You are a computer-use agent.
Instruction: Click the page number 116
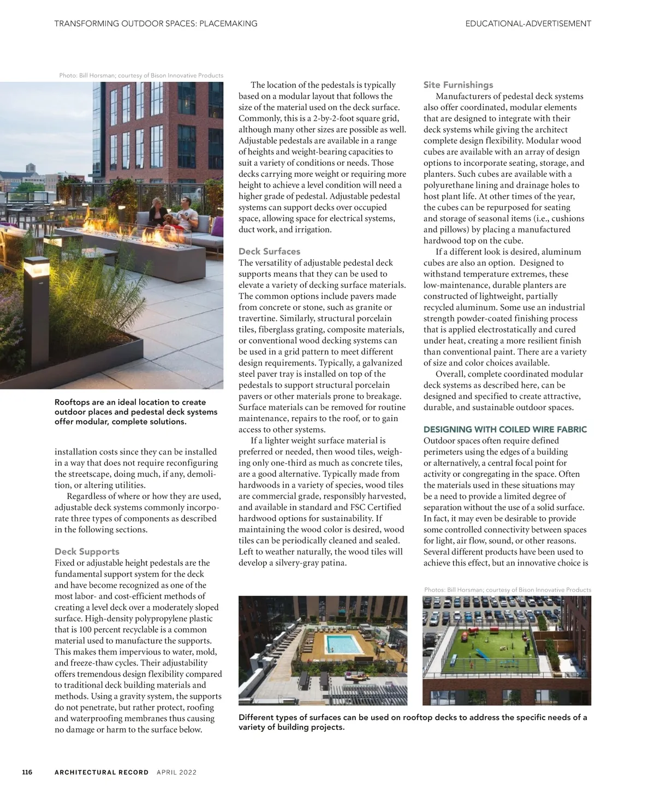tap(27, 772)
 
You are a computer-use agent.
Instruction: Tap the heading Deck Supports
tap(87, 552)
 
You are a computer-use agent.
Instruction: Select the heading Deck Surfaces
tap(269, 251)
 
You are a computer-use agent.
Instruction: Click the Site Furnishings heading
tap(458, 85)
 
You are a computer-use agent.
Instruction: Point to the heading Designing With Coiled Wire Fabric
tap(505, 429)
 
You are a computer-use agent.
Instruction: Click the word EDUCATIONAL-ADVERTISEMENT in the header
tap(528, 23)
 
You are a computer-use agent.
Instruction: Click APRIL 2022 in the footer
tap(176, 772)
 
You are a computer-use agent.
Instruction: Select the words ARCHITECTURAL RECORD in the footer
tap(102, 772)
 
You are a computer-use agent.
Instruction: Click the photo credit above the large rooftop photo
tap(141, 75)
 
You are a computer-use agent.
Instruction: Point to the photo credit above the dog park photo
tap(508, 590)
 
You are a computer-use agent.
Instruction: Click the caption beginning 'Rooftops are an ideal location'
tap(136, 412)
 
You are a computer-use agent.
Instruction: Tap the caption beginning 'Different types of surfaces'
tap(413, 722)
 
